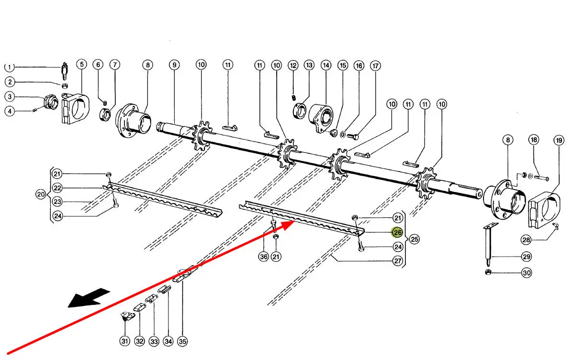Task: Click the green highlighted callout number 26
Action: coord(397,233)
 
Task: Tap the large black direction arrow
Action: coord(89,298)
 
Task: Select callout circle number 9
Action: coord(174,65)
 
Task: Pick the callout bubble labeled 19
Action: coord(558,141)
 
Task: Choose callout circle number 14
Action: coord(326,65)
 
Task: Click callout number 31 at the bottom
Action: coord(125,341)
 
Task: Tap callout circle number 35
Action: coord(182,341)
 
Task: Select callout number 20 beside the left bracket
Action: coord(41,195)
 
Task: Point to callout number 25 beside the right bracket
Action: coord(414,238)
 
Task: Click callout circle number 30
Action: coord(527,273)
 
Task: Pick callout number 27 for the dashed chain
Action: coord(397,261)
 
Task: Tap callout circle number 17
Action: coord(375,65)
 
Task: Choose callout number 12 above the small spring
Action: coord(293,65)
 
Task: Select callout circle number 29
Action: coord(527,257)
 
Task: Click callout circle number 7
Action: coord(114,65)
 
